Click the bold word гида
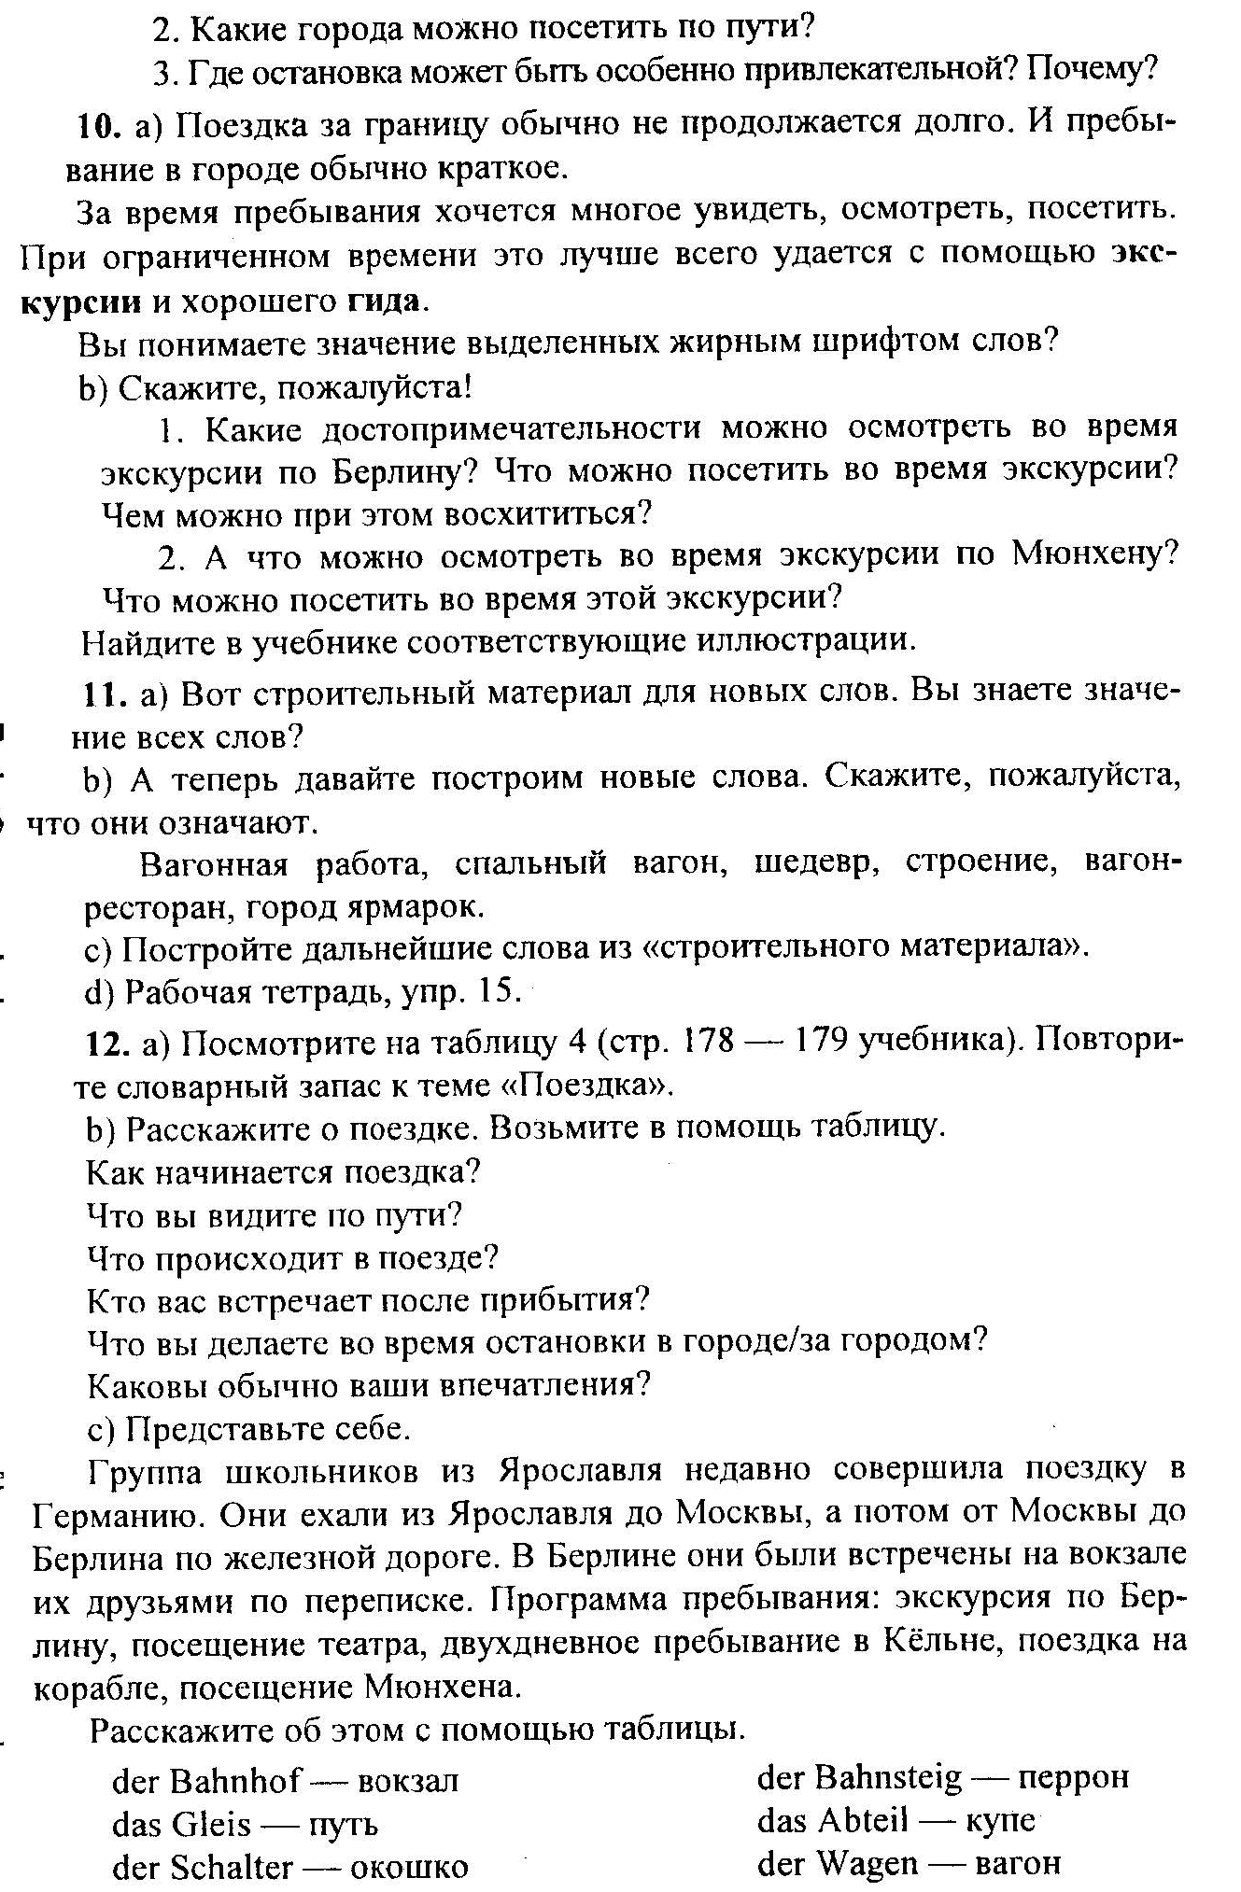384,301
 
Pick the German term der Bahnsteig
859,1777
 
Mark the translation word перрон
1074,1777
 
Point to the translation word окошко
410,1868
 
